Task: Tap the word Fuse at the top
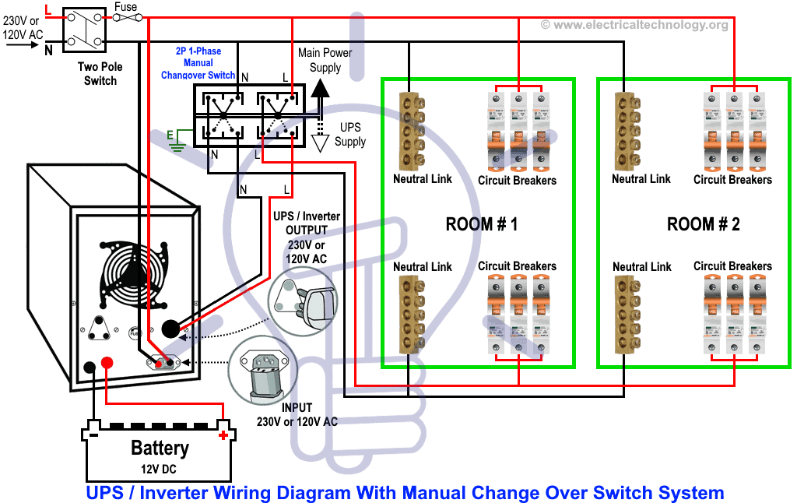(125, 7)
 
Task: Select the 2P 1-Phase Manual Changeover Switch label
(198, 63)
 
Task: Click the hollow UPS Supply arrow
(318, 142)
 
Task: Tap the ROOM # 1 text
(481, 224)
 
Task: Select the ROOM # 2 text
(703, 224)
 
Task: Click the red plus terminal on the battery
(224, 434)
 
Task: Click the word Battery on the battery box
(160, 448)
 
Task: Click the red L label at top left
(48, 9)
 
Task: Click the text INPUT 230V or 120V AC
(297, 414)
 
